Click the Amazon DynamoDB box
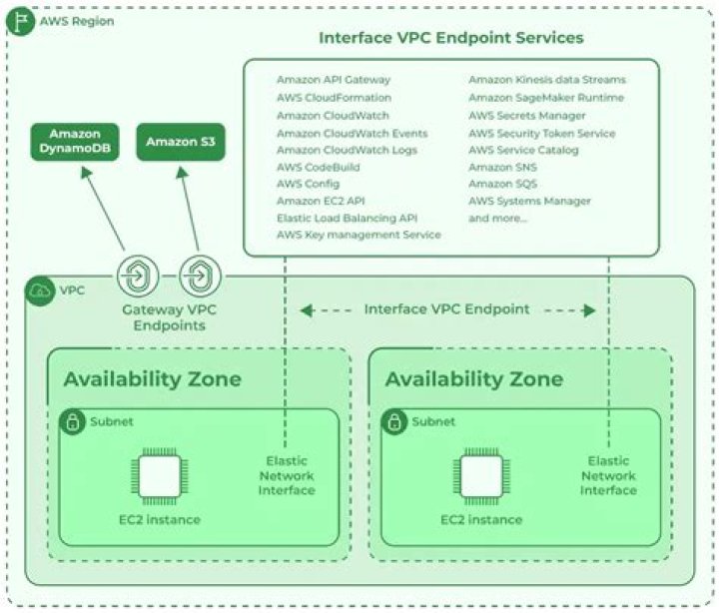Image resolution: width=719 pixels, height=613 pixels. coord(74,141)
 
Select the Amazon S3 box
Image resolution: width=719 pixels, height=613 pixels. coord(180,141)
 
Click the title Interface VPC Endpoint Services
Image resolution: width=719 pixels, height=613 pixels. coord(450,38)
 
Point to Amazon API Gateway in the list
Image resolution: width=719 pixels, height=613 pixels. coord(334,80)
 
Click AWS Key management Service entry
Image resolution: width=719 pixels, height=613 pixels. coord(359,235)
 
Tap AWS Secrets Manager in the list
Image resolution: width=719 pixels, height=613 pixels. coord(526,115)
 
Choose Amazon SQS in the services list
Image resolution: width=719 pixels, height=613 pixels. coord(503,184)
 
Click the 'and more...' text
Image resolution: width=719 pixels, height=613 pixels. coord(497,218)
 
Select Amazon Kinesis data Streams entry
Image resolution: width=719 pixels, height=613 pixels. coord(547,80)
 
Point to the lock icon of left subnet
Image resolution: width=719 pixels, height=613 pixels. coord(73,422)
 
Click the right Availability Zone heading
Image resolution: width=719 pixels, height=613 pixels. coord(473,379)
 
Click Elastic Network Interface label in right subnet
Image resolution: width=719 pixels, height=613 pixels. coord(608,476)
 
